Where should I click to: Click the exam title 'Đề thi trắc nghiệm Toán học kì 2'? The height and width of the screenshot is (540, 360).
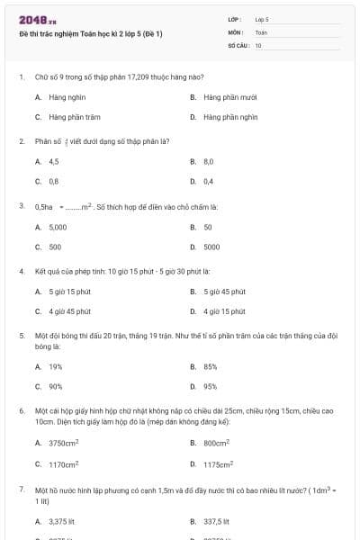coord(91,33)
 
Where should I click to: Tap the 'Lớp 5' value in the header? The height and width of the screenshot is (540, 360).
coord(262,18)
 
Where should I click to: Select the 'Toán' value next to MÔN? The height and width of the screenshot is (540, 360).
coord(261,31)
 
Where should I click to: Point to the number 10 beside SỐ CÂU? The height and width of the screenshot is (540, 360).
coord(258,45)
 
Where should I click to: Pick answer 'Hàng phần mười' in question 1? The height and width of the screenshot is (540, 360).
coord(229,96)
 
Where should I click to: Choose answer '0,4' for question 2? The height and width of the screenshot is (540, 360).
coord(208,181)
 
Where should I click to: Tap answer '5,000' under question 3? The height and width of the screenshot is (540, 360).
coord(58,227)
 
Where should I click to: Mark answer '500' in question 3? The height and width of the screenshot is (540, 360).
coord(55,247)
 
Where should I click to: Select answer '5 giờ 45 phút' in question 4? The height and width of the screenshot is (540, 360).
coord(224,292)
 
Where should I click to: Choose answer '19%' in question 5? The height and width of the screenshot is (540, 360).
coord(55,366)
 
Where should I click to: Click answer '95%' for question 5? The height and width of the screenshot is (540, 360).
coord(210,386)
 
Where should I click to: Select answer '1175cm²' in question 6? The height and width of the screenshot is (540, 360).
coord(219,464)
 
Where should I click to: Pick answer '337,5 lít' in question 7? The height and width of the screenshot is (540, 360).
coord(216,521)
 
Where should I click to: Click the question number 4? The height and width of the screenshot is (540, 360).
coord(22,271)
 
